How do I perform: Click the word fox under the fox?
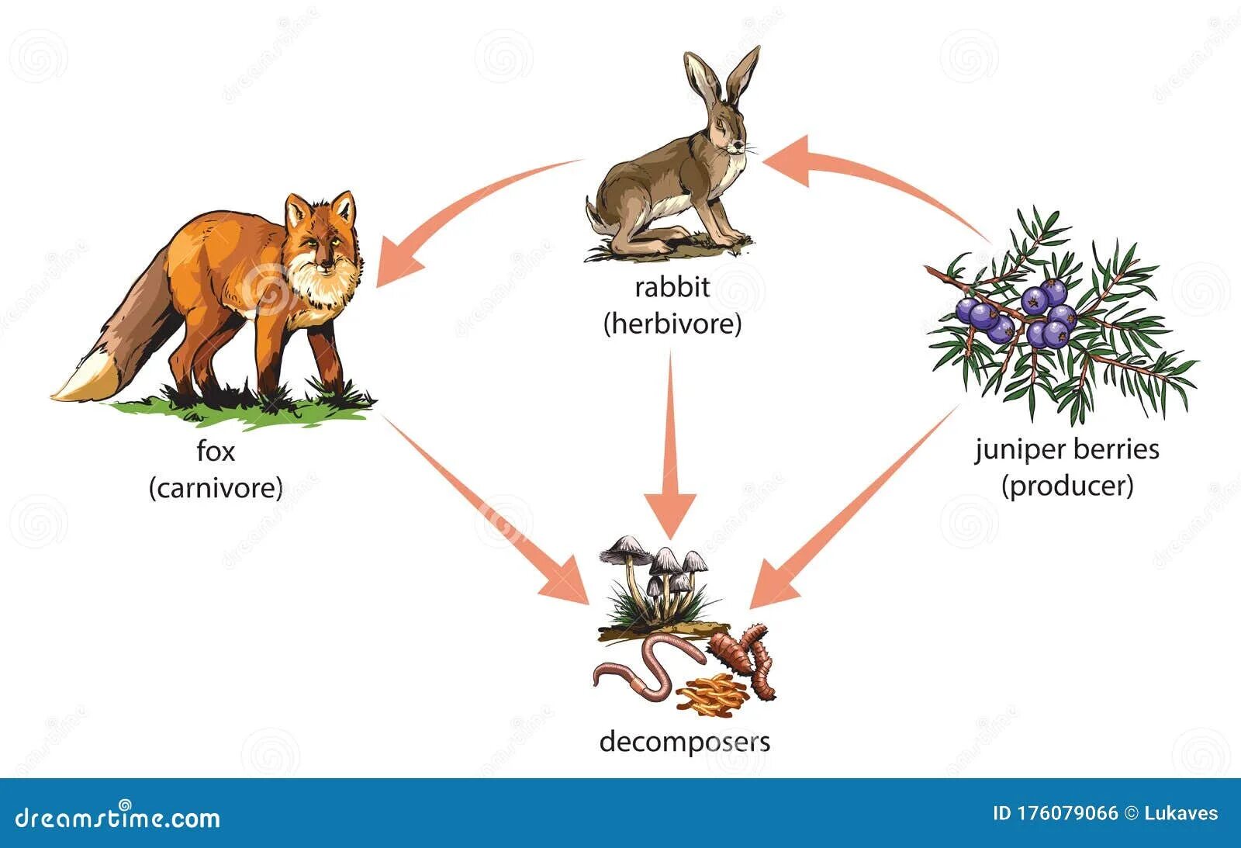215,451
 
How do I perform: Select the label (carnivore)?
216,488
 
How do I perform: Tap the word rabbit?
672,288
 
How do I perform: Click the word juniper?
1021,450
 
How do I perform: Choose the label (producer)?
1067,486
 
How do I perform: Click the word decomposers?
685,742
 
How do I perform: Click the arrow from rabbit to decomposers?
672,450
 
